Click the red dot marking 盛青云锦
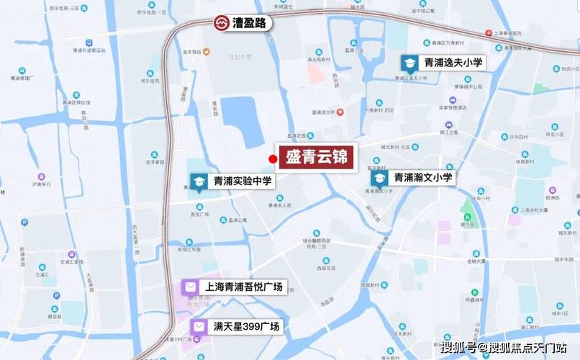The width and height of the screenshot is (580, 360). coord(272,159)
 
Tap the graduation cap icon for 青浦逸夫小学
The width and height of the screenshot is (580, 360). coord(409,63)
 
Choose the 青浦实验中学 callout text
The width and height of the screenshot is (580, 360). coord(243,182)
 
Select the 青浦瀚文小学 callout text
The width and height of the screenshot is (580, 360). coord(422,177)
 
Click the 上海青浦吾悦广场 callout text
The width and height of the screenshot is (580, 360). coord(243,287)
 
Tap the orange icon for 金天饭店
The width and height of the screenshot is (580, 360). coord(207,52)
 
